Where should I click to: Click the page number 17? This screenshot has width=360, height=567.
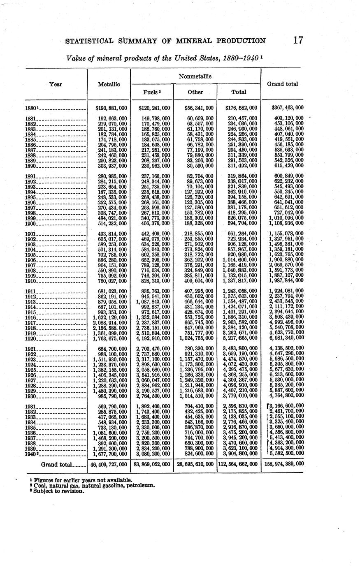298,40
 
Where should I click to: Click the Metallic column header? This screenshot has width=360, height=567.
109,84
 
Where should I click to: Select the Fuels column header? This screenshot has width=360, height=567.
151,92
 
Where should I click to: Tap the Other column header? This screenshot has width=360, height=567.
195,92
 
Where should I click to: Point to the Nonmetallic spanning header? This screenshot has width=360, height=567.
195,76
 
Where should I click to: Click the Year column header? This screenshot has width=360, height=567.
56,84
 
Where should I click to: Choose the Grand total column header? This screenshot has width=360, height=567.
282,84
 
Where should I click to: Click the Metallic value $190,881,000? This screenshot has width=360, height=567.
111,108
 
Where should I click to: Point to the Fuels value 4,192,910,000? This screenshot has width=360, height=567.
153,338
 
